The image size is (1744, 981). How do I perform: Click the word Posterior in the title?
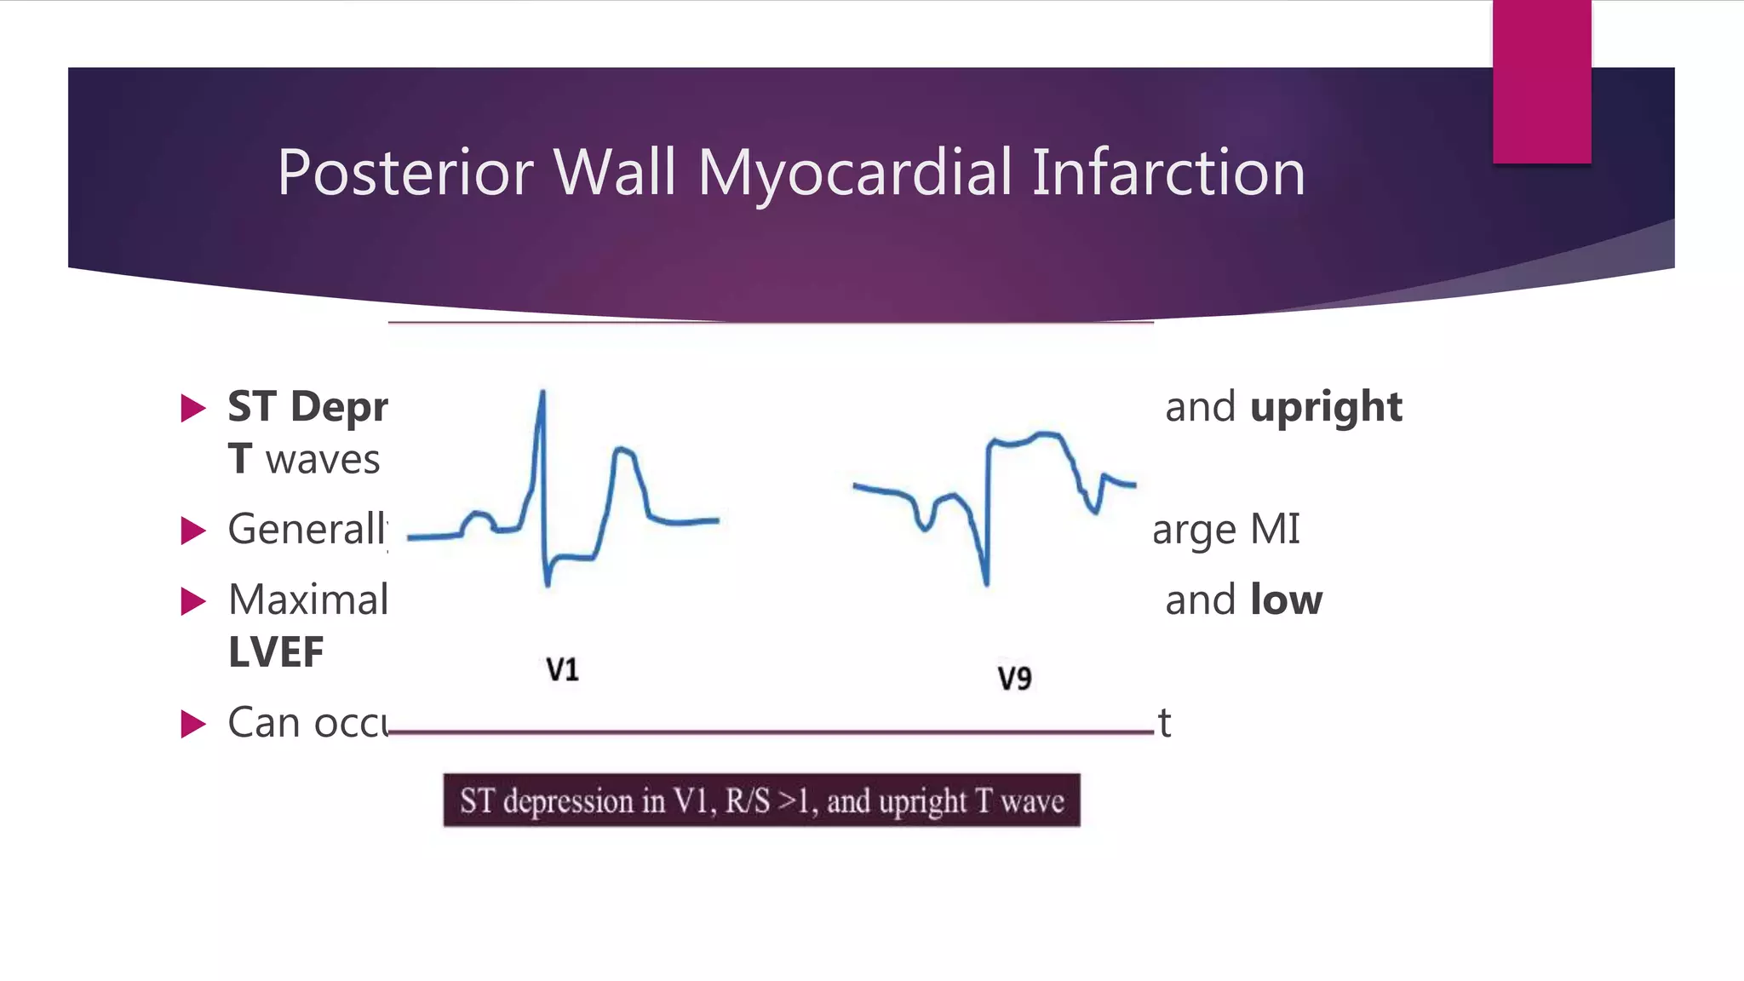point(405,173)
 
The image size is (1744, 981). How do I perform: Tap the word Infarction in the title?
point(1168,173)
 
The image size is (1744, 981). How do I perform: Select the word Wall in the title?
point(615,173)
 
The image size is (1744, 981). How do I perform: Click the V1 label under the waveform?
point(562,670)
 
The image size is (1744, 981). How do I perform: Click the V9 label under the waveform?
point(1014,679)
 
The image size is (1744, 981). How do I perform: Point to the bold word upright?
point(1326,408)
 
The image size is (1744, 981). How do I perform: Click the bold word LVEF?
point(276,652)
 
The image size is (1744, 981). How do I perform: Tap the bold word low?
point(1286,600)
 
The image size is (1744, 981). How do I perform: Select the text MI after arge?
point(1275,530)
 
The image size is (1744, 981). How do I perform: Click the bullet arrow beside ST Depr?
point(193,408)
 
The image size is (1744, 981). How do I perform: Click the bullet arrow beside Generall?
point(193,531)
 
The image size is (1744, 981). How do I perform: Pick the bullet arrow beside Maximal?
point(193,601)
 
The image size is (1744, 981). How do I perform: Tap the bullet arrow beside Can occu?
point(193,724)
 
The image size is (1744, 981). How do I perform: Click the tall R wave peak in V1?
point(542,393)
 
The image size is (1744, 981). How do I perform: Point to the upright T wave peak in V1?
point(623,449)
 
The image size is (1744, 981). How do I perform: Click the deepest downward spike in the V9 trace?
point(986,582)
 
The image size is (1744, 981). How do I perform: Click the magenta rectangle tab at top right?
point(1541,82)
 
